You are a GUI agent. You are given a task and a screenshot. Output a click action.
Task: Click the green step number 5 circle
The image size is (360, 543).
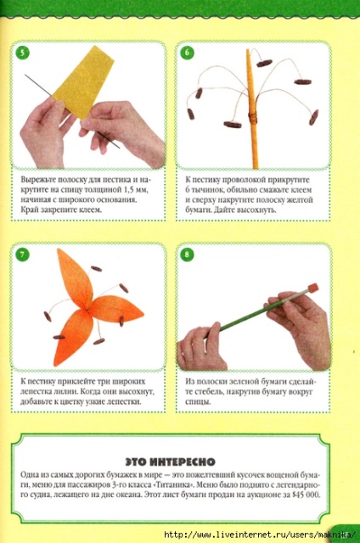tap(22, 53)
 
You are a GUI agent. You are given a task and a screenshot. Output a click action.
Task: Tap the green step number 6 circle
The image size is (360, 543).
tap(187, 53)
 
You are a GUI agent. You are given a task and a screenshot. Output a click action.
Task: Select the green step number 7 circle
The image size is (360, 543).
tap(22, 255)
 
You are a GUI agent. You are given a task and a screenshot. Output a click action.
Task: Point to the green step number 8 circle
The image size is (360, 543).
tap(187, 255)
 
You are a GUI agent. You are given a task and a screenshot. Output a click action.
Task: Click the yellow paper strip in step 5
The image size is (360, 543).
tap(83, 82)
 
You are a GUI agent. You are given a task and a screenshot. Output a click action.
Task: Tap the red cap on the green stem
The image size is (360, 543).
tap(312, 288)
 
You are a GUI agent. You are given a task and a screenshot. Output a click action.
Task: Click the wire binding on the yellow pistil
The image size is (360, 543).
tap(253, 118)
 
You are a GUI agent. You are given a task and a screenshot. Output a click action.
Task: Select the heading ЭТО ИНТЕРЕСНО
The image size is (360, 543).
tap(170, 462)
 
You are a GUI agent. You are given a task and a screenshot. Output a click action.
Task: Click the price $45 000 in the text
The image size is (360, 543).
tap(306, 495)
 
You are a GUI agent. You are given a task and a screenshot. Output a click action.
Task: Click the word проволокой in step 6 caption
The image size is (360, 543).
tap(244, 180)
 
